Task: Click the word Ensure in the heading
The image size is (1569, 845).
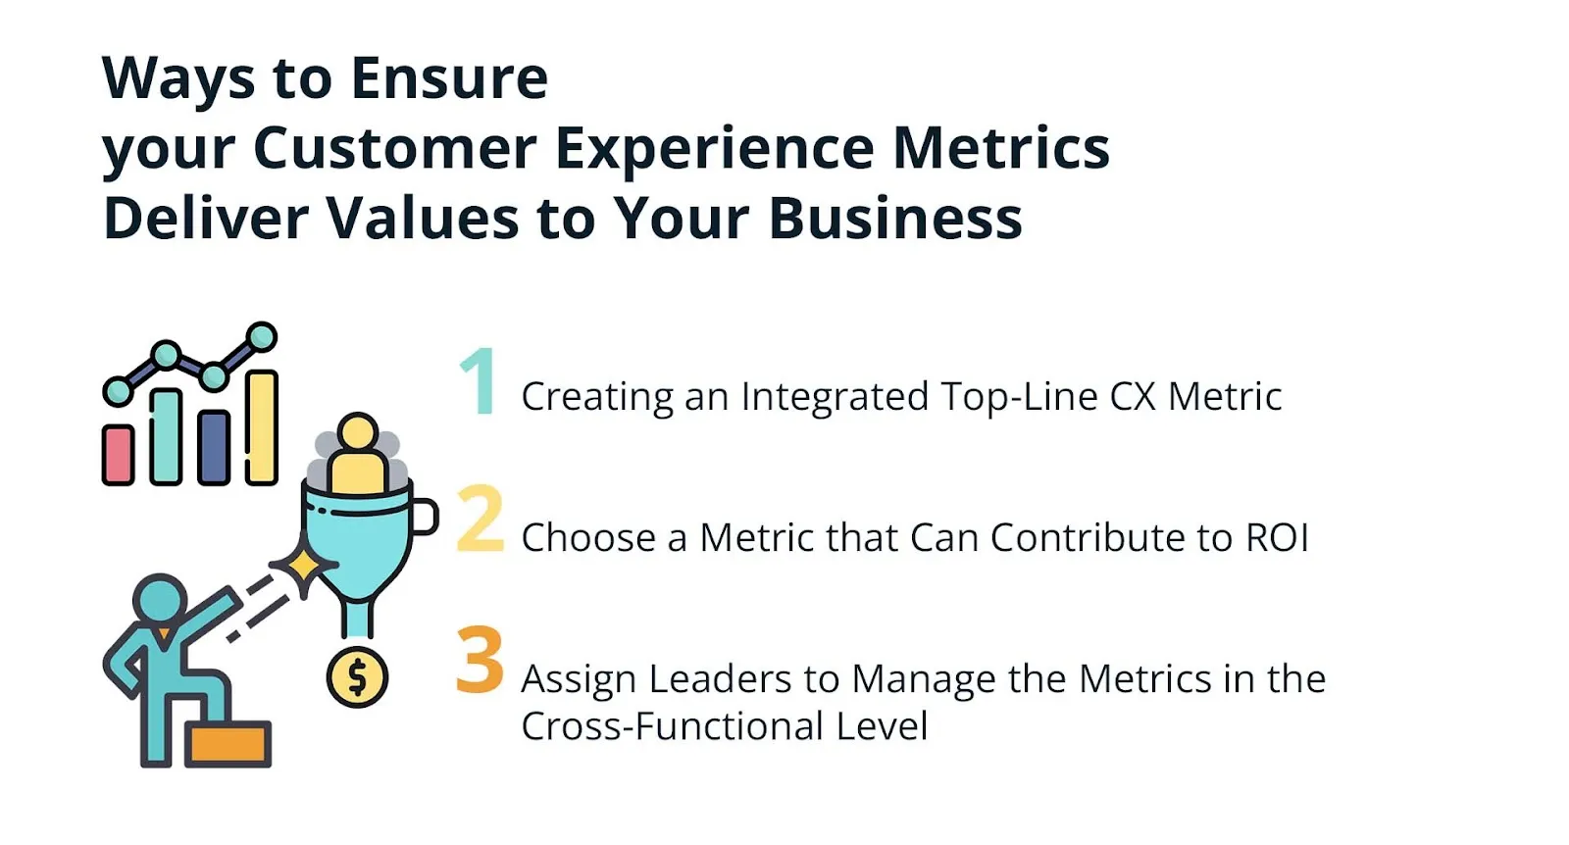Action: [x=449, y=78]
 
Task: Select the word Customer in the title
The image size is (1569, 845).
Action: [x=394, y=149]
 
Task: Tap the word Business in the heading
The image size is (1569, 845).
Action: [x=895, y=218]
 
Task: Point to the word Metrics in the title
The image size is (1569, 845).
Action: [x=1000, y=149]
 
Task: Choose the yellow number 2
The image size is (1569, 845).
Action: [x=481, y=519]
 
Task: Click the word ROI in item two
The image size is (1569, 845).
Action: [x=1277, y=538]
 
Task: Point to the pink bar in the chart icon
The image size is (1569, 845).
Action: [x=119, y=455]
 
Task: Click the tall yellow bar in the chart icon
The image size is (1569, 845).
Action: [x=262, y=426]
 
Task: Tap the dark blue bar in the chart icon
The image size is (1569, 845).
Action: [x=214, y=447]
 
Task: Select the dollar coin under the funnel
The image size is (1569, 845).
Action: [x=357, y=677]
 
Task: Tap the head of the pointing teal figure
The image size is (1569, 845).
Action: [x=160, y=598]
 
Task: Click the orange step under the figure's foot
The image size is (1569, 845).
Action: [x=228, y=744]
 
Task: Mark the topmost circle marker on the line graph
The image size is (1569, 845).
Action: [x=262, y=337]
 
